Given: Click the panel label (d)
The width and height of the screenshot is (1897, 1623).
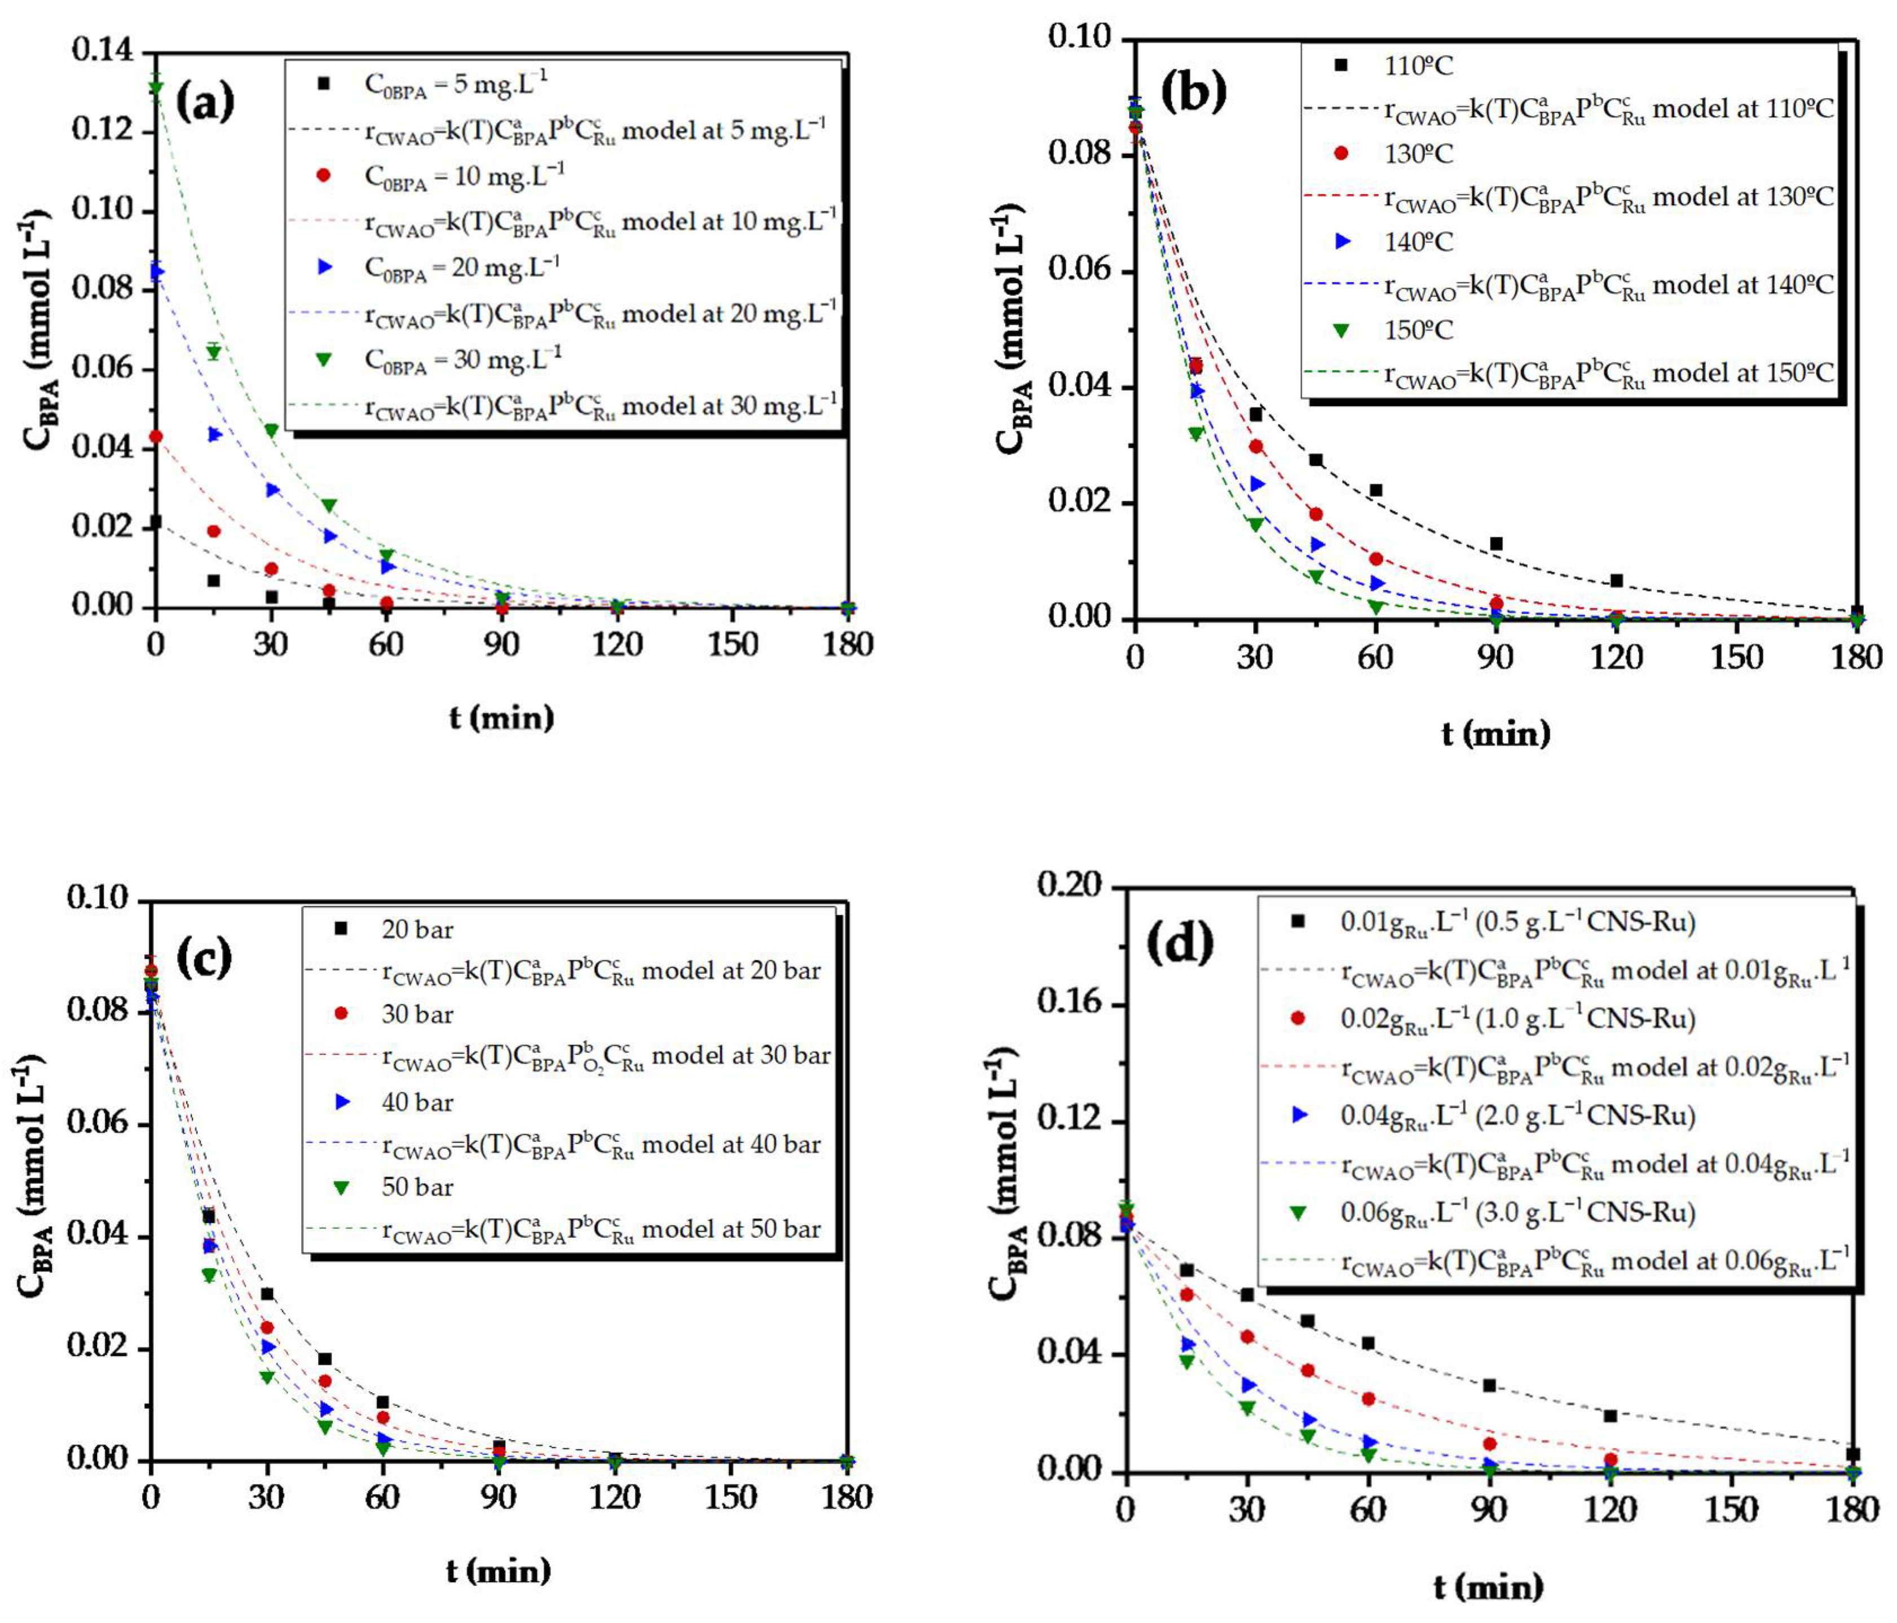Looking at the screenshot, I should click(1180, 943).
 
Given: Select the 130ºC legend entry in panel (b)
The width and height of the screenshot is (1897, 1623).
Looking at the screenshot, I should click(1417, 153).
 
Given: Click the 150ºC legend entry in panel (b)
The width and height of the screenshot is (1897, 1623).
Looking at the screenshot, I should click(1417, 329).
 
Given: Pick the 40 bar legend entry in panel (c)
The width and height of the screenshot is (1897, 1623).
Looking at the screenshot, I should click(417, 1102).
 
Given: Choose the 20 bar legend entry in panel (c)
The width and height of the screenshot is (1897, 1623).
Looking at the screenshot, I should click(417, 929).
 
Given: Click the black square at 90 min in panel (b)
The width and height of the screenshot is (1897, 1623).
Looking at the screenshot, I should click(1496, 544).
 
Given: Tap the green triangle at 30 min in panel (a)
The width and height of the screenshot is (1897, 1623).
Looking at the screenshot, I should click(271, 430).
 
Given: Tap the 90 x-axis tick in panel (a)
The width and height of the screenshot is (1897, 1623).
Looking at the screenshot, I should click(501, 645).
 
